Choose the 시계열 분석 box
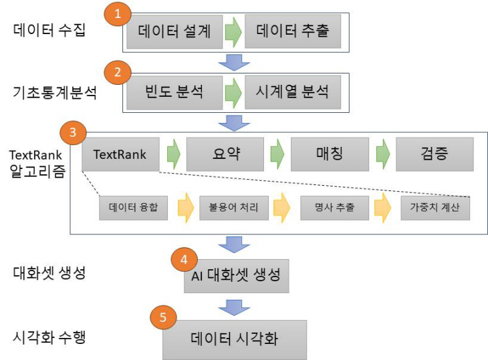pyautogui.click(x=293, y=92)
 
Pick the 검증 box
pyautogui.click(x=435, y=154)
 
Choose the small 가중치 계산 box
pyautogui.click(x=435, y=208)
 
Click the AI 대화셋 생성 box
pyautogui.click(x=236, y=275)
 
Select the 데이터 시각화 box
pyautogui.click(x=234, y=339)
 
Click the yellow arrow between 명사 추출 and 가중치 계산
pyautogui.click(x=383, y=208)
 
